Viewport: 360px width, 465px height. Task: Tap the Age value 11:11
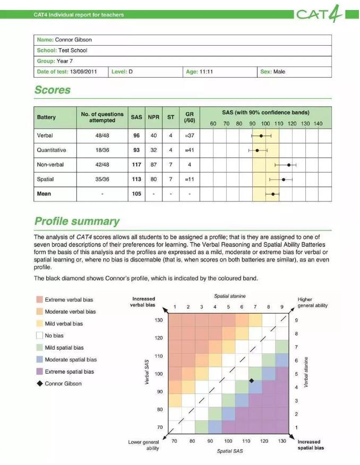tap(206, 72)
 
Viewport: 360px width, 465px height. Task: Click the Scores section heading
tap(53, 90)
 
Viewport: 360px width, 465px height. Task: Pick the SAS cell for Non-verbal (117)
tap(136, 165)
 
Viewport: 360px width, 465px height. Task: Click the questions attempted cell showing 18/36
tap(102, 150)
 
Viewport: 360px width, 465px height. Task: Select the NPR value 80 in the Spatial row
tap(153, 180)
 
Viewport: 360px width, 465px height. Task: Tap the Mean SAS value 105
tap(136, 194)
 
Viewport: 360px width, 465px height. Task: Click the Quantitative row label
tap(52, 150)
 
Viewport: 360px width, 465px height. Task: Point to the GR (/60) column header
tap(189, 117)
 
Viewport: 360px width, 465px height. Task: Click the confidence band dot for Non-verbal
tap(289, 165)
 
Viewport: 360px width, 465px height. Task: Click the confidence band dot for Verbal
tap(261, 136)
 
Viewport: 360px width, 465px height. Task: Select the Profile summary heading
tap(77, 221)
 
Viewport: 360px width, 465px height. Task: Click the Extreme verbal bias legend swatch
tap(39, 300)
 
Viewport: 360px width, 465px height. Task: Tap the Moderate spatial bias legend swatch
tap(39, 360)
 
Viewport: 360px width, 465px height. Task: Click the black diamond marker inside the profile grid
tap(251, 381)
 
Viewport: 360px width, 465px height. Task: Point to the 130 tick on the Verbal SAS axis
tap(159, 320)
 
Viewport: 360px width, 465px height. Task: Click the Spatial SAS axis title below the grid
tap(228, 451)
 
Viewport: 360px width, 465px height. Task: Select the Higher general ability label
tap(313, 302)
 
